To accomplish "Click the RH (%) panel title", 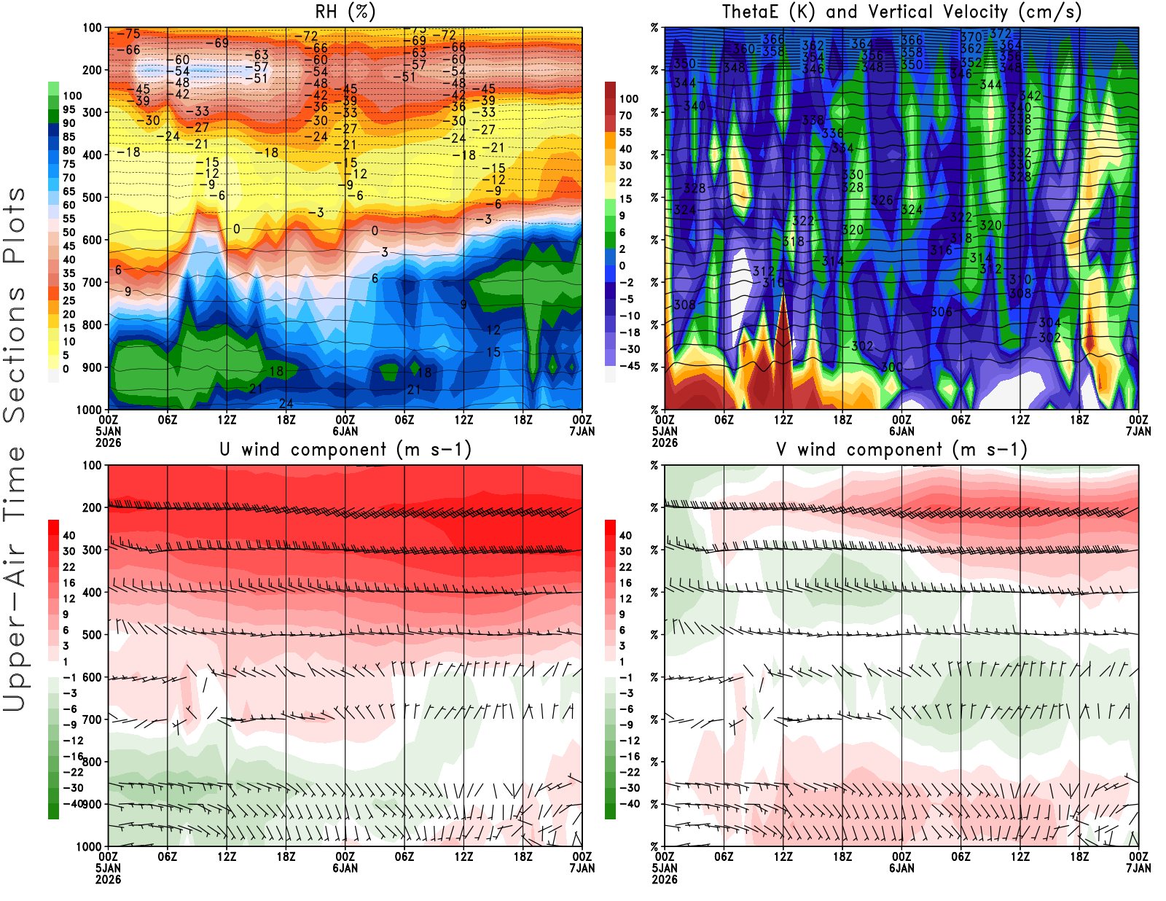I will coord(345,12).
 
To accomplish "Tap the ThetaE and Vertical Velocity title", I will coord(901,12).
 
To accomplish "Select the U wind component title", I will coord(345,450).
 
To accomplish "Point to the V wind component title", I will coord(901,450).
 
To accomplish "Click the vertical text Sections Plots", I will coord(15,305).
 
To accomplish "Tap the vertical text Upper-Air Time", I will coord(15,580).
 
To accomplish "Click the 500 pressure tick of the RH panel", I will coord(92,198).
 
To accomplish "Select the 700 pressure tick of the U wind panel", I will coord(92,719).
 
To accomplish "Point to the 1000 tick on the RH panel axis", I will coord(89,410).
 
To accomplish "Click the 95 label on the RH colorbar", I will coord(69,109).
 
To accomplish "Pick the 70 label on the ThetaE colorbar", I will coord(625,115).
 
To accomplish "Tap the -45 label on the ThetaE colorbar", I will coord(629,366).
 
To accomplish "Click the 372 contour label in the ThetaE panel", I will coord(1001,34).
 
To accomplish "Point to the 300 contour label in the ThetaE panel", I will coord(891,367).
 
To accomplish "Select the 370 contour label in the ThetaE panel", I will coord(971,37).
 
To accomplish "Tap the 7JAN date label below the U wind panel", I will coord(582,868).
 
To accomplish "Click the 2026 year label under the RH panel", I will coord(108,442).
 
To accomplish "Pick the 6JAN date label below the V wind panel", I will coord(901,868).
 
